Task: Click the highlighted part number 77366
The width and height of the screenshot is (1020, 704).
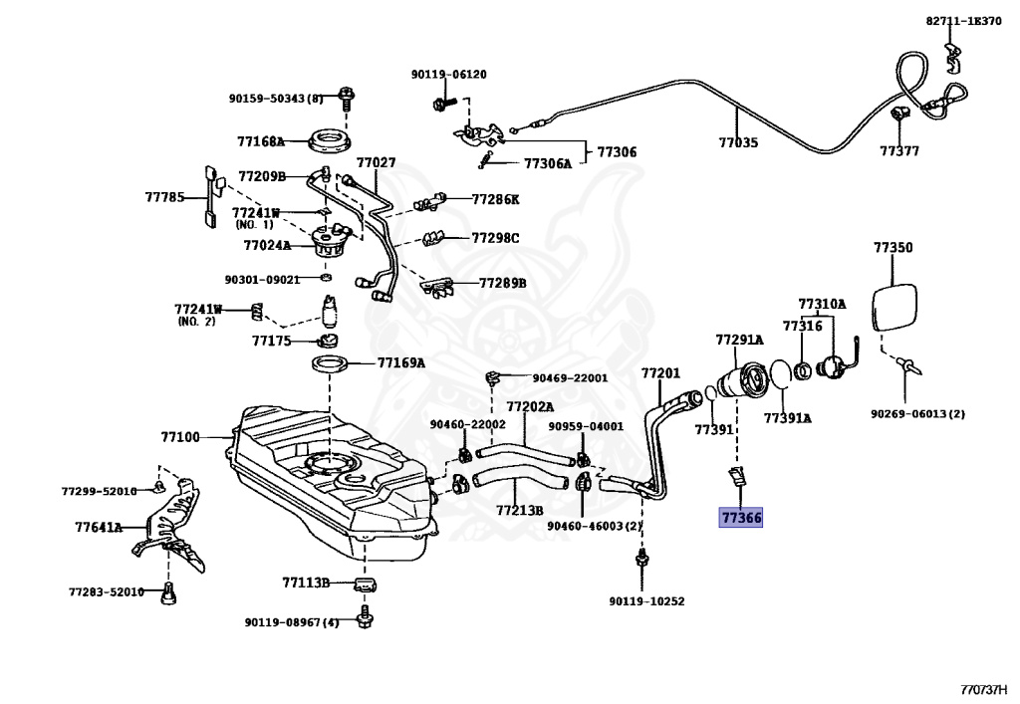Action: pos(741,518)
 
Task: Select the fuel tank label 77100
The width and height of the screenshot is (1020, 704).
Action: pos(180,437)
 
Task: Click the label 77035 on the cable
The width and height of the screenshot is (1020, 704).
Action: pos(738,143)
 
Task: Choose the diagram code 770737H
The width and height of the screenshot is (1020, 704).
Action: pos(983,690)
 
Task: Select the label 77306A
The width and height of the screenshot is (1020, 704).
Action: pos(548,163)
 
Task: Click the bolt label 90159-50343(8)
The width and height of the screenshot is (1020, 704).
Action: pos(276,98)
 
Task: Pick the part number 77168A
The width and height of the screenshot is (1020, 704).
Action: pos(261,141)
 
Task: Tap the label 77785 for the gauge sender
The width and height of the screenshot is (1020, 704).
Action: pos(164,198)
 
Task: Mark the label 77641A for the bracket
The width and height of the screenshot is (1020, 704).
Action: pos(98,527)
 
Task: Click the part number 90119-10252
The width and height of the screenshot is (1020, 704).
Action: pos(646,601)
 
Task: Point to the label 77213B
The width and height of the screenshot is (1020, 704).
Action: pos(520,511)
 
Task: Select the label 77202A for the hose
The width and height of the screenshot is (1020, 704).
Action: pos(530,406)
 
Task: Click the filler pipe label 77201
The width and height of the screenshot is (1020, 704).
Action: pos(660,373)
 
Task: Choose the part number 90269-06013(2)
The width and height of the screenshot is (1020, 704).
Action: pos(917,413)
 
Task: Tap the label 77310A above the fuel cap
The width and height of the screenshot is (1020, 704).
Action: pos(822,304)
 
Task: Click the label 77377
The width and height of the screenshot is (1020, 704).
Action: pos(899,151)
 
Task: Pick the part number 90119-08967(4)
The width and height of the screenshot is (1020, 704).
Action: pos(292,622)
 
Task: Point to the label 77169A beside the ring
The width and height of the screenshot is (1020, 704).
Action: pos(400,362)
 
